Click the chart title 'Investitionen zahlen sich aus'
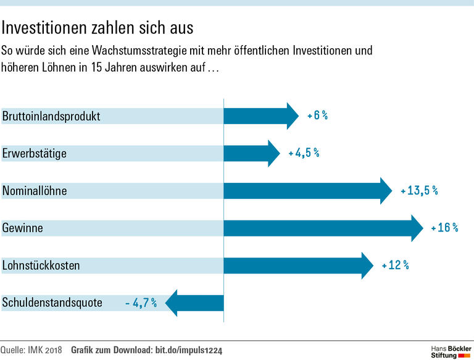[98, 28]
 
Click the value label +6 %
[317, 115]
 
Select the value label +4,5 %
[304, 153]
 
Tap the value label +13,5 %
[418, 191]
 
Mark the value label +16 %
[444, 228]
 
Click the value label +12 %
[395, 266]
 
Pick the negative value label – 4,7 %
[141, 303]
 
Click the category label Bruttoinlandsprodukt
[51, 115]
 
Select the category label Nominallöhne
[35, 191]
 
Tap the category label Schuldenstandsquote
[52, 303]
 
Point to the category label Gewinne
[23, 228]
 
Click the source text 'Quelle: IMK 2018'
[32, 351]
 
